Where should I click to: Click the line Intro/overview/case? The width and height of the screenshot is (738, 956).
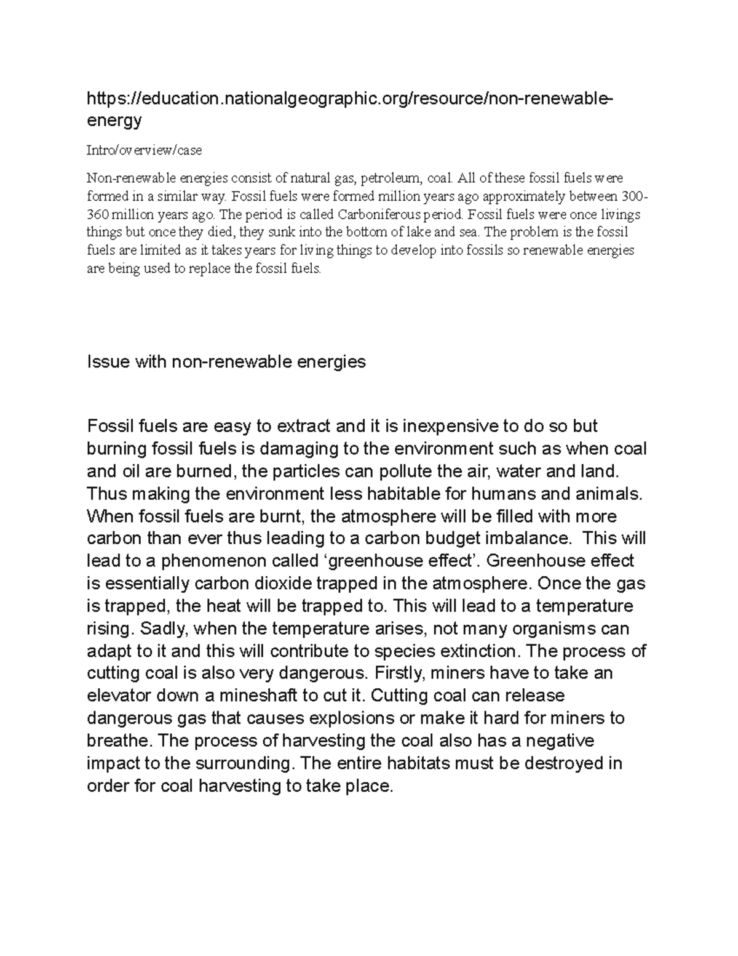coord(144,150)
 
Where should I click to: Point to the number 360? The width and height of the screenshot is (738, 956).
coord(97,215)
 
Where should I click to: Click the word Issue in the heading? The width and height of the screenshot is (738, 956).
coord(108,361)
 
